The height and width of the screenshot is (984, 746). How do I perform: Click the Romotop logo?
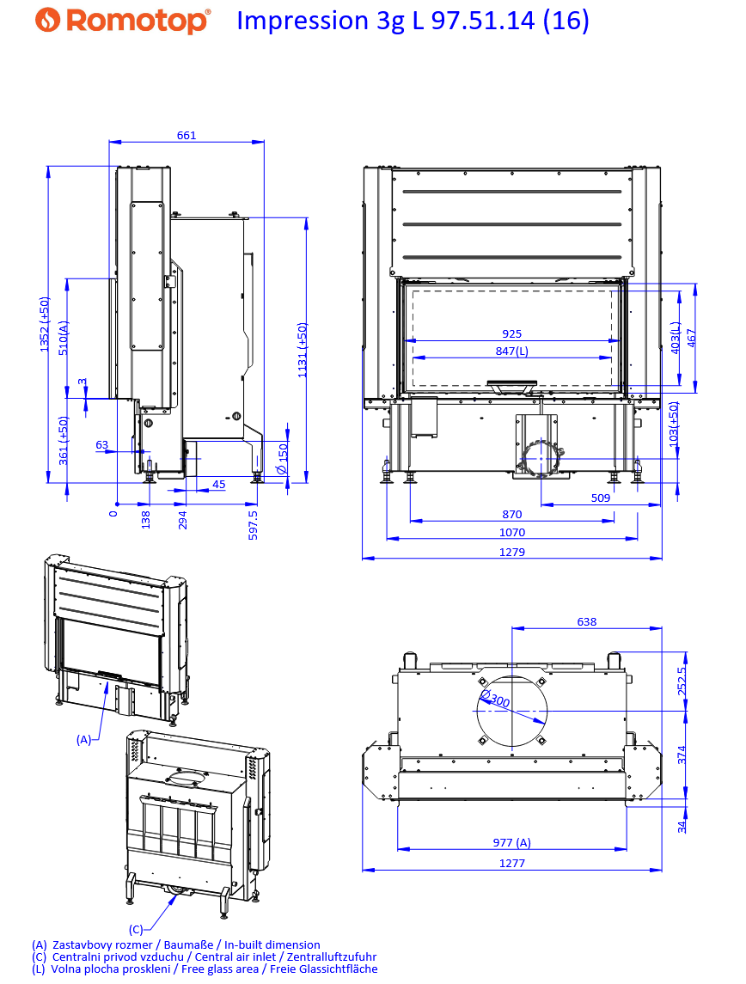click(124, 21)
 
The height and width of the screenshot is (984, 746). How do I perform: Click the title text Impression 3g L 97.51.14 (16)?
click(413, 21)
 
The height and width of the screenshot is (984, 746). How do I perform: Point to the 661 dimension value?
click(186, 135)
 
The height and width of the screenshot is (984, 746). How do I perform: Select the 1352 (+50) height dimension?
click(45, 324)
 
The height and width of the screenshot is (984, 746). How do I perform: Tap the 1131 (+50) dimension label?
click(303, 350)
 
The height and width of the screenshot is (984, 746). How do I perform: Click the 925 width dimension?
click(512, 334)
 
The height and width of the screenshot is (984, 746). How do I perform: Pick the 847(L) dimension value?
click(512, 351)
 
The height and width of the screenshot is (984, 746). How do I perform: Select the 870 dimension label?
click(512, 515)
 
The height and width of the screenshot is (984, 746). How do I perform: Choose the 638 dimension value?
click(586, 621)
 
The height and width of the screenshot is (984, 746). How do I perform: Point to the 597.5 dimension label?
click(253, 524)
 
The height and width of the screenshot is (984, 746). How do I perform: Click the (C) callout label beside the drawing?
click(136, 929)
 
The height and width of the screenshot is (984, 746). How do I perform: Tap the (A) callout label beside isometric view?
click(83, 739)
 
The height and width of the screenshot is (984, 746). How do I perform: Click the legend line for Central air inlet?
click(204, 956)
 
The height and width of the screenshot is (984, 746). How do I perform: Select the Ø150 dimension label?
click(283, 460)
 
